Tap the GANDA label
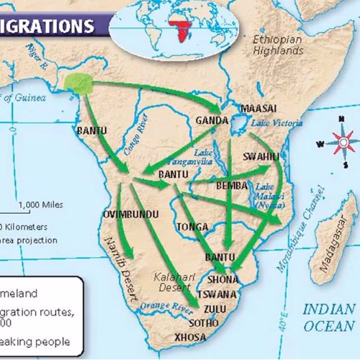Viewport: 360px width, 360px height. (212, 121)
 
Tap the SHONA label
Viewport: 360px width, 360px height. (222, 279)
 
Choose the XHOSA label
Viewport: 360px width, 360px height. (190, 336)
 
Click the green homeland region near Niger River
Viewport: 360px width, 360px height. (78, 84)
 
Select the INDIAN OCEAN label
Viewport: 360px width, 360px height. (328, 318)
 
